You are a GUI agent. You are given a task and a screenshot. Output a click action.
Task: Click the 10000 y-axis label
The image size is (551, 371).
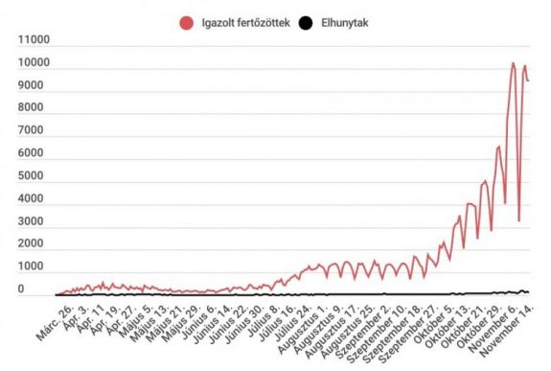pyautogui.click(x=34, y=63)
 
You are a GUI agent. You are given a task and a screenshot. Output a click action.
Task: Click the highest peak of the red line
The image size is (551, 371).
pyautogui.click(x=513, y=63)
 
